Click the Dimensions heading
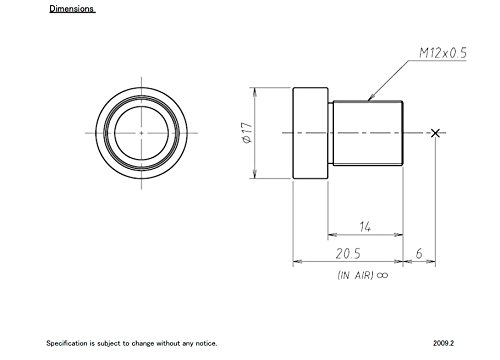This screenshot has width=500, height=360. pyautogui.click(x=72, y=9)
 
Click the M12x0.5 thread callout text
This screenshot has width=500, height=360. pyautogui.click(x=443, y=53)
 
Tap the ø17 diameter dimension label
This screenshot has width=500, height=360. pyautogui.click(x=247, y=133)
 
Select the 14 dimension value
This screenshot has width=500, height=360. pyautogui.click(x=365, y=227)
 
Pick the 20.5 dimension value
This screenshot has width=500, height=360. pyautogui.click(x=348, y=254)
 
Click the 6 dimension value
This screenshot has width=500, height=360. pyautogui.click(x=419, y=254)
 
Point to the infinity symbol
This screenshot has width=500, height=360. pyautogui.click(x=382, y=275)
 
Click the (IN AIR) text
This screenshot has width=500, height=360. pyautogui.click(x=355, y=275)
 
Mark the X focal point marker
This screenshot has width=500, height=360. pyautogui.click(x=435, y=133)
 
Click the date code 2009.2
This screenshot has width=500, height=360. pyautogui.click(x=444, y=343)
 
